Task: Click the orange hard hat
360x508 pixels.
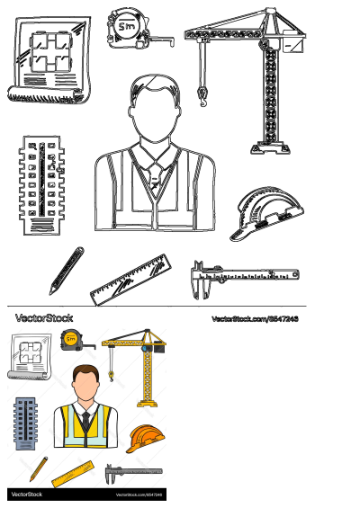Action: coord(144,439)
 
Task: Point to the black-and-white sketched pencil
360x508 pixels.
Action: coord(66,270)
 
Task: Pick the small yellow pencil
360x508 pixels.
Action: coord(38,468)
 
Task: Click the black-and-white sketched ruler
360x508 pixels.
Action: coord(131,280)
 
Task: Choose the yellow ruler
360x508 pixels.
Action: coord(73,473)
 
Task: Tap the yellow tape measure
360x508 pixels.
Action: coord(70,339)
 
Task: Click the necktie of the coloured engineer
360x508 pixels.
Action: coord(85,423)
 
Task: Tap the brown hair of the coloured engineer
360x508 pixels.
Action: coord(85,370)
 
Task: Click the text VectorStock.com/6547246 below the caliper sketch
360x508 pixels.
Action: coord(255,319)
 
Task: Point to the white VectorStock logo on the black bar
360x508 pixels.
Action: coord(27,495)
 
